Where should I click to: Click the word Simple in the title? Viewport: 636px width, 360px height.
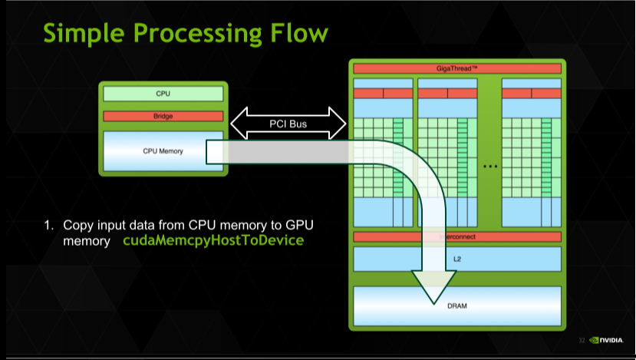coord(81,33)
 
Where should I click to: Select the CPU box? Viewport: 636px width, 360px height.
coord(163,94)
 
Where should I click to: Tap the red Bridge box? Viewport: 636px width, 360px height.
coord(163,117)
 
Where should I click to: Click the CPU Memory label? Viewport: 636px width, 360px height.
coord(163,151)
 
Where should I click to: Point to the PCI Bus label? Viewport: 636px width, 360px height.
coord(288,123)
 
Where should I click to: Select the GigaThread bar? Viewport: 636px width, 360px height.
coord(456,68)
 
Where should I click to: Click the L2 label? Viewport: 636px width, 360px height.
coord(457,259)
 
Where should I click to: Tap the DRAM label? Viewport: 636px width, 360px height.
coord(456,306)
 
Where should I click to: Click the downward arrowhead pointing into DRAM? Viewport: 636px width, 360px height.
coord(434,288)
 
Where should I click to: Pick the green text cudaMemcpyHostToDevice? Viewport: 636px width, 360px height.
coord(213,241)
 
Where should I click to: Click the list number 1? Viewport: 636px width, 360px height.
coord(48,226)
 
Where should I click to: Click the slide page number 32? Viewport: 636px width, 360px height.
coord(582,340)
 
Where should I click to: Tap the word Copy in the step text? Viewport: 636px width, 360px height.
coord(77,226)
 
